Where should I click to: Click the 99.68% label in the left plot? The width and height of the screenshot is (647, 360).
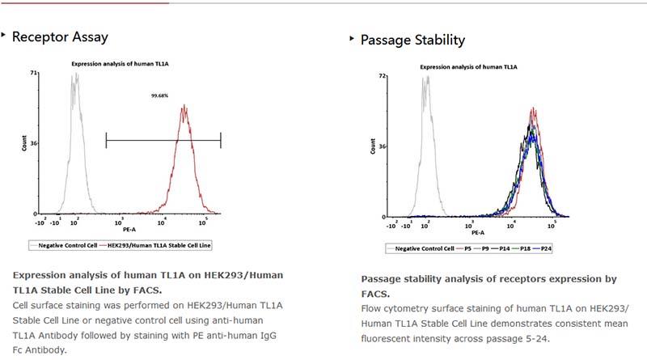[159, 95]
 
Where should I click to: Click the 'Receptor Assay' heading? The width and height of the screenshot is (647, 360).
[60, 37]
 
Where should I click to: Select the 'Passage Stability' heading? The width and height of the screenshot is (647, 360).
[412, 40]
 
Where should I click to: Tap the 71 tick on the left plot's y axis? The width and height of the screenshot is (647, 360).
[35, 73]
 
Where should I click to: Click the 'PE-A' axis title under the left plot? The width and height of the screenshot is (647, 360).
[129, 230]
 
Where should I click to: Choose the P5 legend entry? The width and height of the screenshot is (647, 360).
[467, 248]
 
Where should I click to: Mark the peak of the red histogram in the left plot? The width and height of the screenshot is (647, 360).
[184, 105]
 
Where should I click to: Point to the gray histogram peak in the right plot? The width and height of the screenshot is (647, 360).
[425, 78]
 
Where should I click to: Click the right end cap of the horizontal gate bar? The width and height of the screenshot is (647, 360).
[221, 141]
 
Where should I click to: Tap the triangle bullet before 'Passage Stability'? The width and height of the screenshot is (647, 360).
[351, 39]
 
